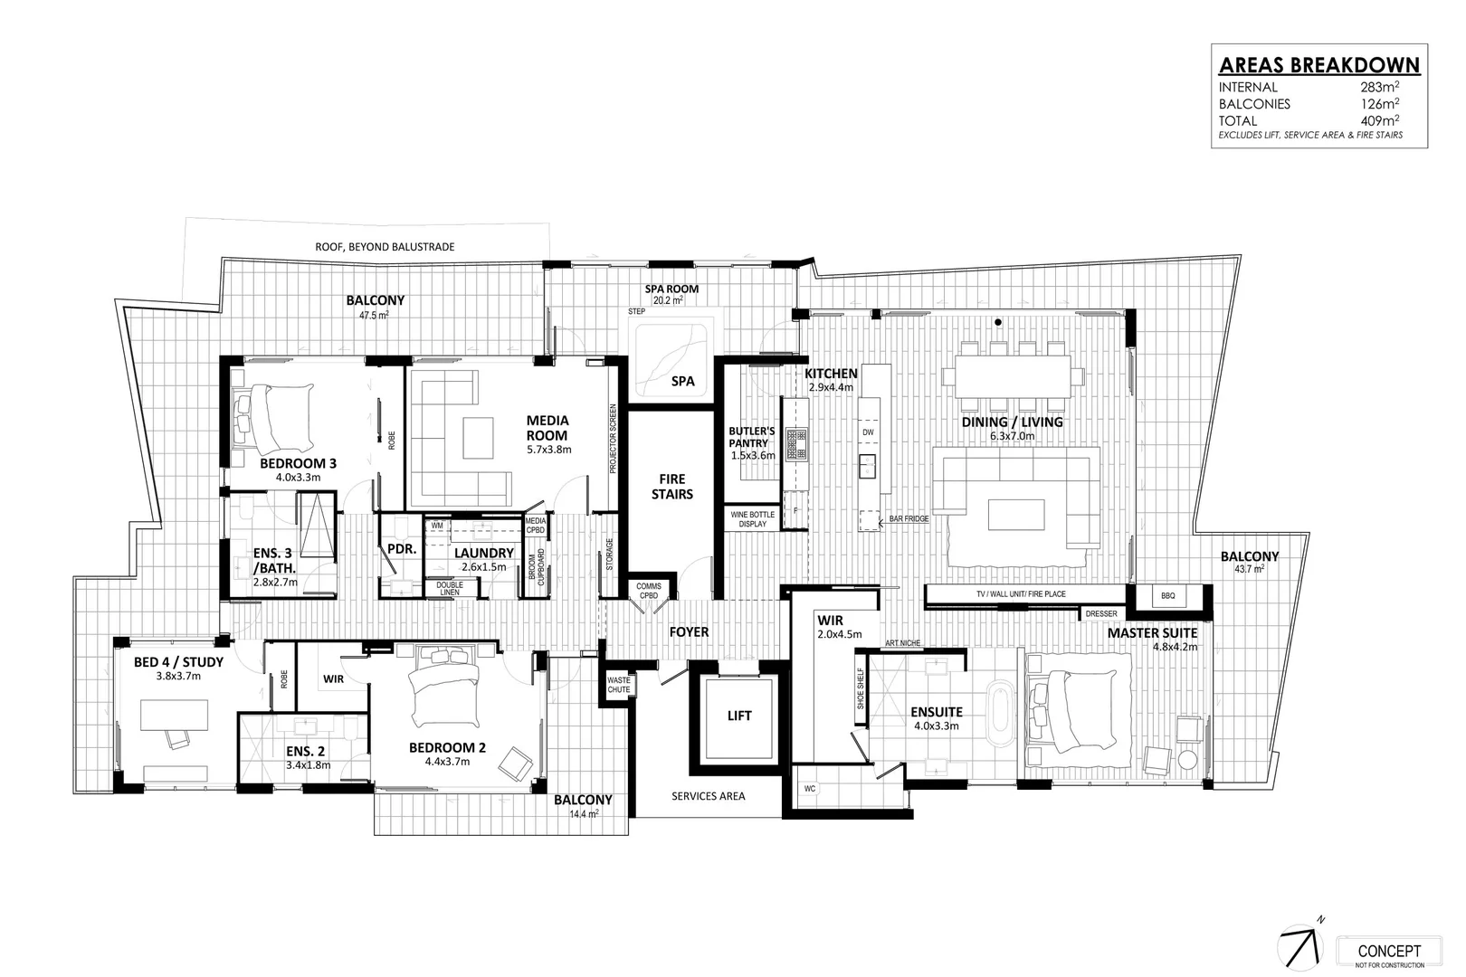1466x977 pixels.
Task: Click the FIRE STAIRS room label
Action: [671, 486]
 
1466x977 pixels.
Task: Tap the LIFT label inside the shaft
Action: [738, 716]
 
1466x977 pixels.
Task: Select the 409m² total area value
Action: [1379, 120]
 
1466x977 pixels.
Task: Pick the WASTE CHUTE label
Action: [619, 685]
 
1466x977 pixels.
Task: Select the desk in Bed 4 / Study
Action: [176, 715]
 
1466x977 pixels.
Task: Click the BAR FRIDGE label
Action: [909, 520]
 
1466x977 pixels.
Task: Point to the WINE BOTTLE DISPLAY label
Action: [752, 519]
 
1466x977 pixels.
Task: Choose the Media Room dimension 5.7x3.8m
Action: [548, 449]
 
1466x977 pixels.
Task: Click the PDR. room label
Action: [400, 549]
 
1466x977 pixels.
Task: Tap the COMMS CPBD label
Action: [648, 591]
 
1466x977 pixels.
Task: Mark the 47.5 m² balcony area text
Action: [375, 315]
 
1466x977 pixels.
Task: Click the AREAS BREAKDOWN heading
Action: [1318, 65]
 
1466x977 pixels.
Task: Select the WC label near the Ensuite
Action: [810, 789]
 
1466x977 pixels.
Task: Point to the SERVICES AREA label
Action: [708, 796]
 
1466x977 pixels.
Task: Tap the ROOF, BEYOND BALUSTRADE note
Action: [385, 246]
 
